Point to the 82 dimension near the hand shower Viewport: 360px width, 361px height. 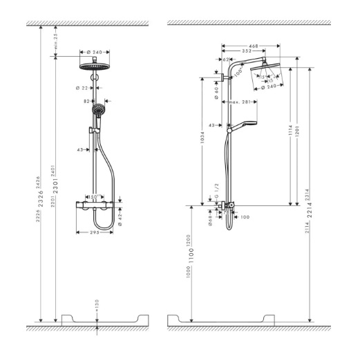(x=87, y=101)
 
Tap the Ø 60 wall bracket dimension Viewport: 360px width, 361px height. (x=217, y=93)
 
